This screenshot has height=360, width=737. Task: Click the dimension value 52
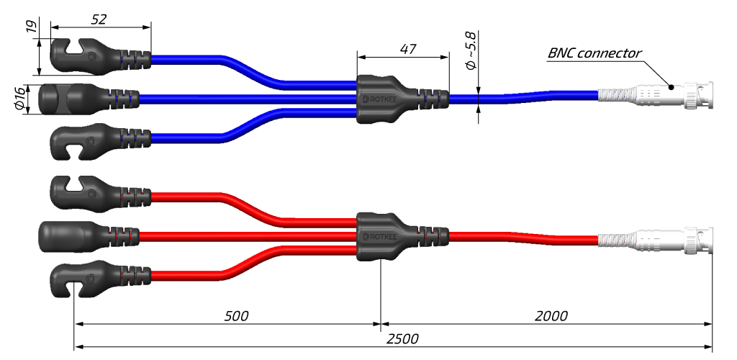pyautogui.click(x=99, y=19)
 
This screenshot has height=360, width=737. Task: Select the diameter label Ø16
pyautogui.click(x=20, y=99)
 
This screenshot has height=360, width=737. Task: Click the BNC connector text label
pyautogui.click(x=594, y=53)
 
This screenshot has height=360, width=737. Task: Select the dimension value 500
pyautogui.click(x=236, y=315)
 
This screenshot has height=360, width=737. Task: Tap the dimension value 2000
pyautogui.click(x=551, y=315)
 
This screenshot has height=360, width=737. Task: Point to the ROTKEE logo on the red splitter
pyautogui.click(x=379, y=236)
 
